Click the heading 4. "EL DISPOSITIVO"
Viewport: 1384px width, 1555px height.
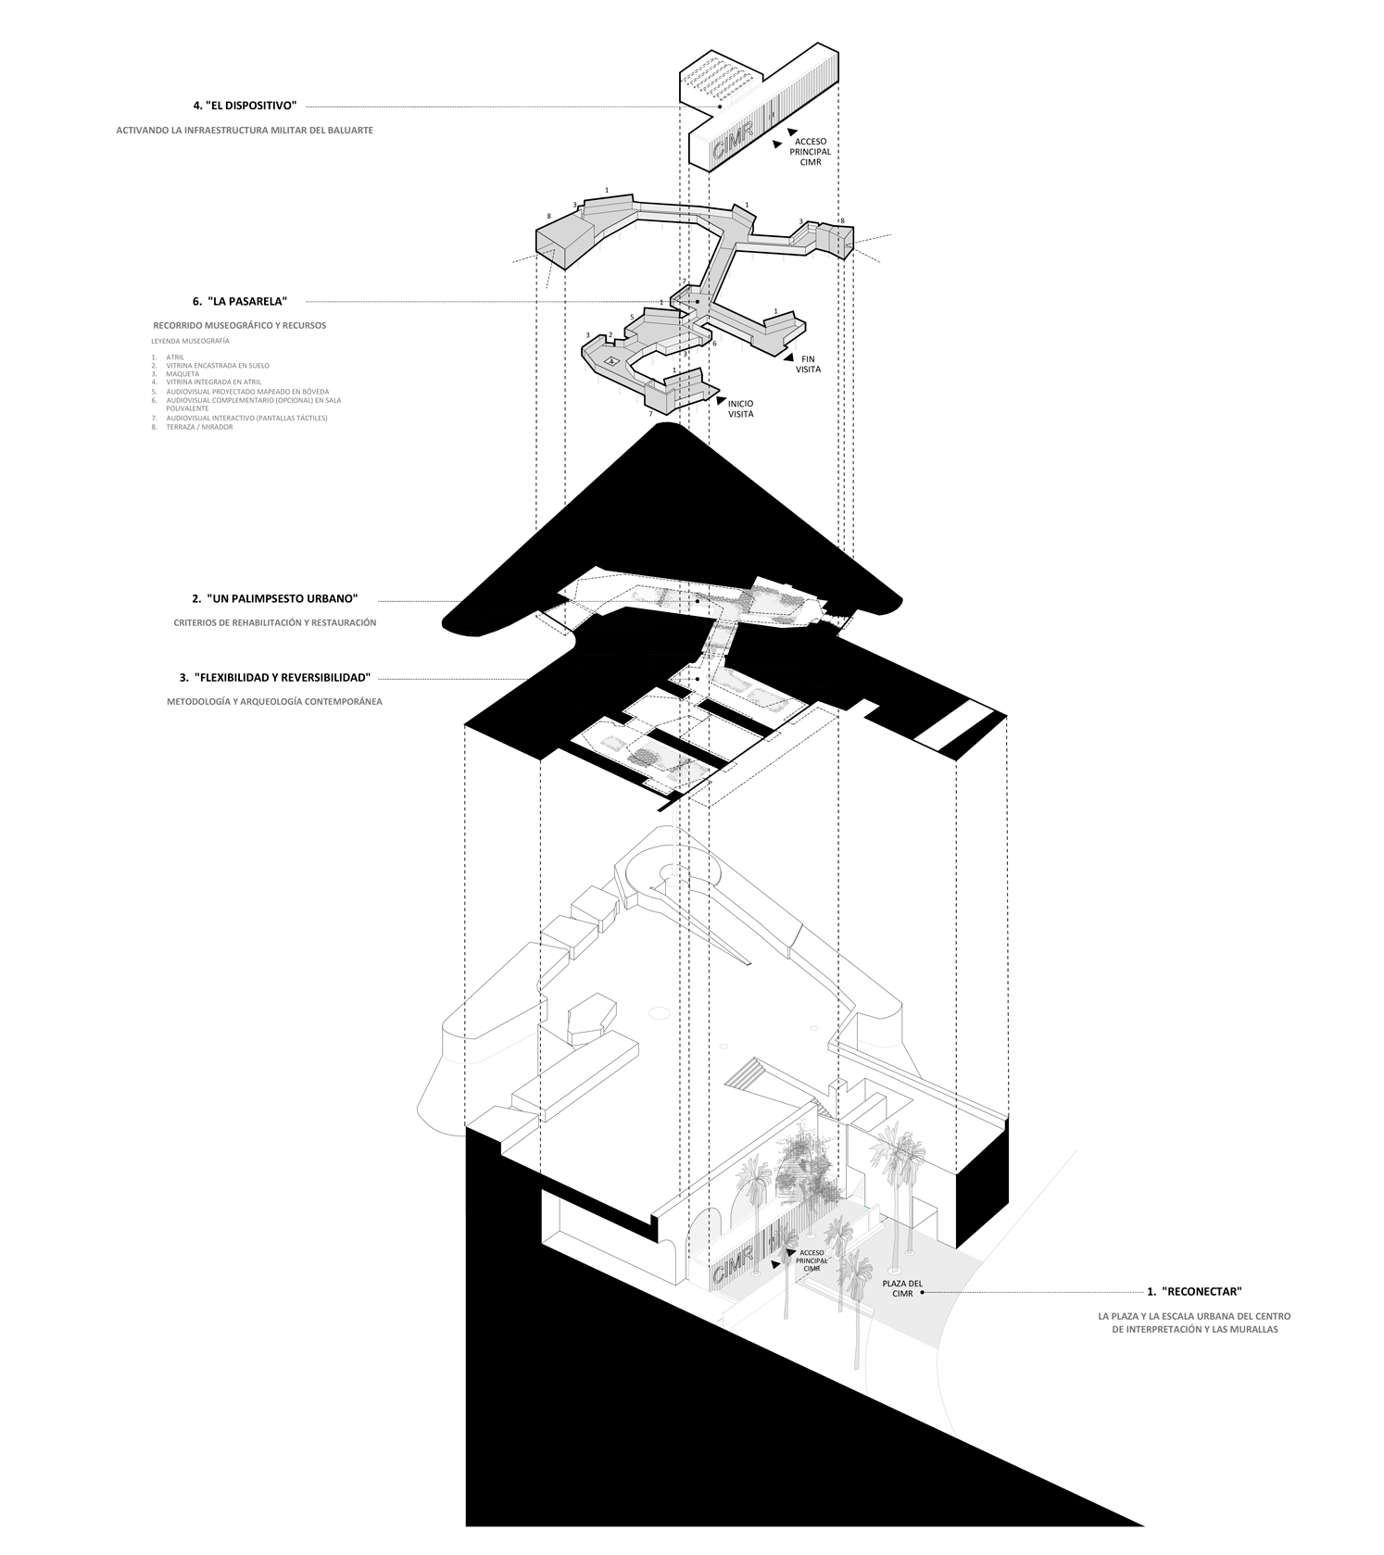pyautogui.click(x=245, y=106)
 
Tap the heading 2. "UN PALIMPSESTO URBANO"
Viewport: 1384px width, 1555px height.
pyautogui.click(x=275, y=598)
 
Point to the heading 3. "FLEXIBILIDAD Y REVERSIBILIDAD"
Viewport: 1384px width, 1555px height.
pyautogui.click(x=275, y=677)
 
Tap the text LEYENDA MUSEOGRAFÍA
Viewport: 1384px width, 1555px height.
pyautogui.click(x=190, y=341)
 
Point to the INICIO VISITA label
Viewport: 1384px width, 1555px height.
pyautogui.click(x=740, y=408)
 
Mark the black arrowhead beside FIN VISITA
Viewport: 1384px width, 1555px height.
pyautogui.click(x=786, y=357)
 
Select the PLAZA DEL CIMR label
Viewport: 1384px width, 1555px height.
pyautogui.click(x=902, y=1288)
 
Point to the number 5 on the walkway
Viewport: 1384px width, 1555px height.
pyautogui.click(x=632, y=318)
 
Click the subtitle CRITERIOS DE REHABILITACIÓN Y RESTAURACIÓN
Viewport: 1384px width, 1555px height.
pyautogui.click(x=275, y=622)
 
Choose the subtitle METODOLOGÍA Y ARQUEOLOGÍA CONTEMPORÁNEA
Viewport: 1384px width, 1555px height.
pyautogui.click(x=274, y=701)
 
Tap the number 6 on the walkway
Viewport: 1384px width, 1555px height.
pyautogui.click(x=714, y=344)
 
